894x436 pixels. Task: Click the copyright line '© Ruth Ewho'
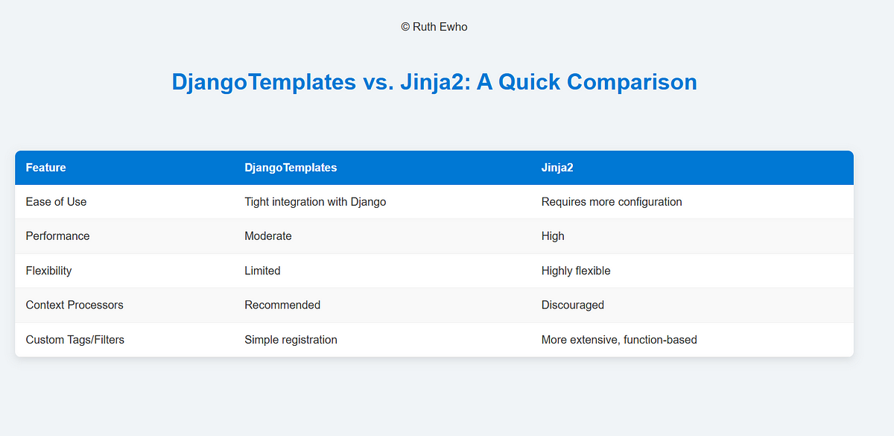click(434, 27)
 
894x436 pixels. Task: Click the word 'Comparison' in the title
click(632, 82)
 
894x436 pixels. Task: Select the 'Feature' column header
click(46, 167)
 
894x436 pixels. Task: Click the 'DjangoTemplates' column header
click(291, 168)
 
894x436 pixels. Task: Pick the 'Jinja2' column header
click(557, 168)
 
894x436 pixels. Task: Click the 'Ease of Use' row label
click(57, 202)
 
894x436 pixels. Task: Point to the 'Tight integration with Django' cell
click(315, 202)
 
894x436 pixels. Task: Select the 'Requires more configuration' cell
click(612, 202)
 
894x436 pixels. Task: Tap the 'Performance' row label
click(58, 236)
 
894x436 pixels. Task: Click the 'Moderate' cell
click(268, 236)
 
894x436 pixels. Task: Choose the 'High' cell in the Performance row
click(553, 236)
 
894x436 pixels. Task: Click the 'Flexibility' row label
click(48, 271)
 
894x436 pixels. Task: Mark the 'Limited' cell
click(262, 271)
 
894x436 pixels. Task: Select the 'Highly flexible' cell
click(576, 271)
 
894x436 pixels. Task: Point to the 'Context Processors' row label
click(74, 305)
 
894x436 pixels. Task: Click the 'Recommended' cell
click(282, 305)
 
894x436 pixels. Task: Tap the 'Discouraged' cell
click(573, 306)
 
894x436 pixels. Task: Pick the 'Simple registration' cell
click(291, 340)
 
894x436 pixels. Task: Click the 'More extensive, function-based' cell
click(619, 340)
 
